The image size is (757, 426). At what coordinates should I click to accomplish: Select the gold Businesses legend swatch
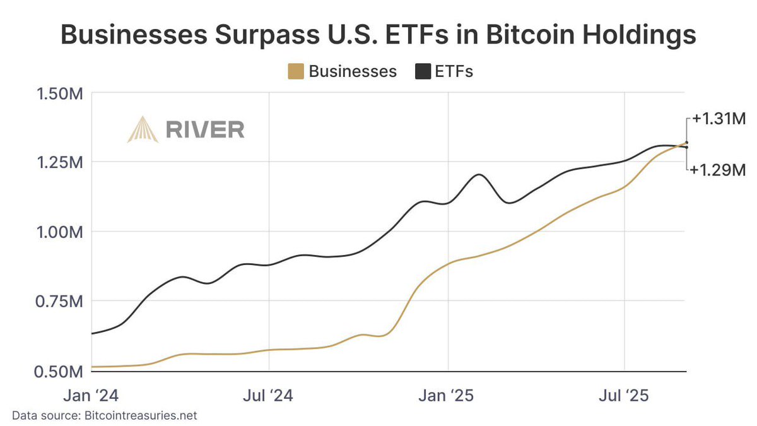tap(295, 71)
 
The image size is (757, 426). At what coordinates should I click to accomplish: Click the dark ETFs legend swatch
tap(422, 71)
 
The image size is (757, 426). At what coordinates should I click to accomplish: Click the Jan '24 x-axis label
tap(92, 396)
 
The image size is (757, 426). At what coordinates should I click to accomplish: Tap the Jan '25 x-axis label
tap(448, 396)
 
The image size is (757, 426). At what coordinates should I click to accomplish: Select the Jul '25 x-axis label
tap(625, 396)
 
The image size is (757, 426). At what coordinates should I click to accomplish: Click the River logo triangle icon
tap(142, 129)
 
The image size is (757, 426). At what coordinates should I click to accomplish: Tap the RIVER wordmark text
tap(205, 129)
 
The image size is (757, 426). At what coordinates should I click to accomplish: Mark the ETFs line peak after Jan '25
tap(479, 174)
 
